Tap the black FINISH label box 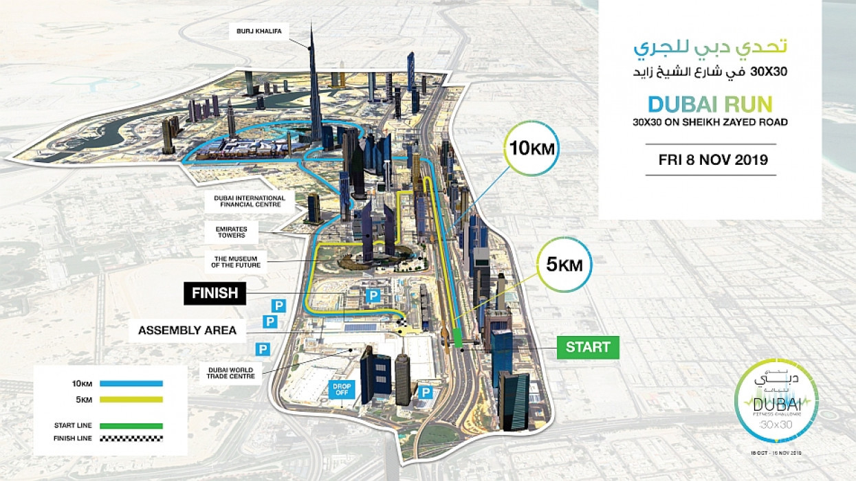[215, 293]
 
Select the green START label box [588, 347]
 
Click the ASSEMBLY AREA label [187, 331]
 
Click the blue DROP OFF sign [342, 390]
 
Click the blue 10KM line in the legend [131, 383]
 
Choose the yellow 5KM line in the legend [131, 399]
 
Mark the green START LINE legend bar [131, 425]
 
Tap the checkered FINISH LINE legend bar [131, 438]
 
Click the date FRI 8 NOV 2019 [711, 160]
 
